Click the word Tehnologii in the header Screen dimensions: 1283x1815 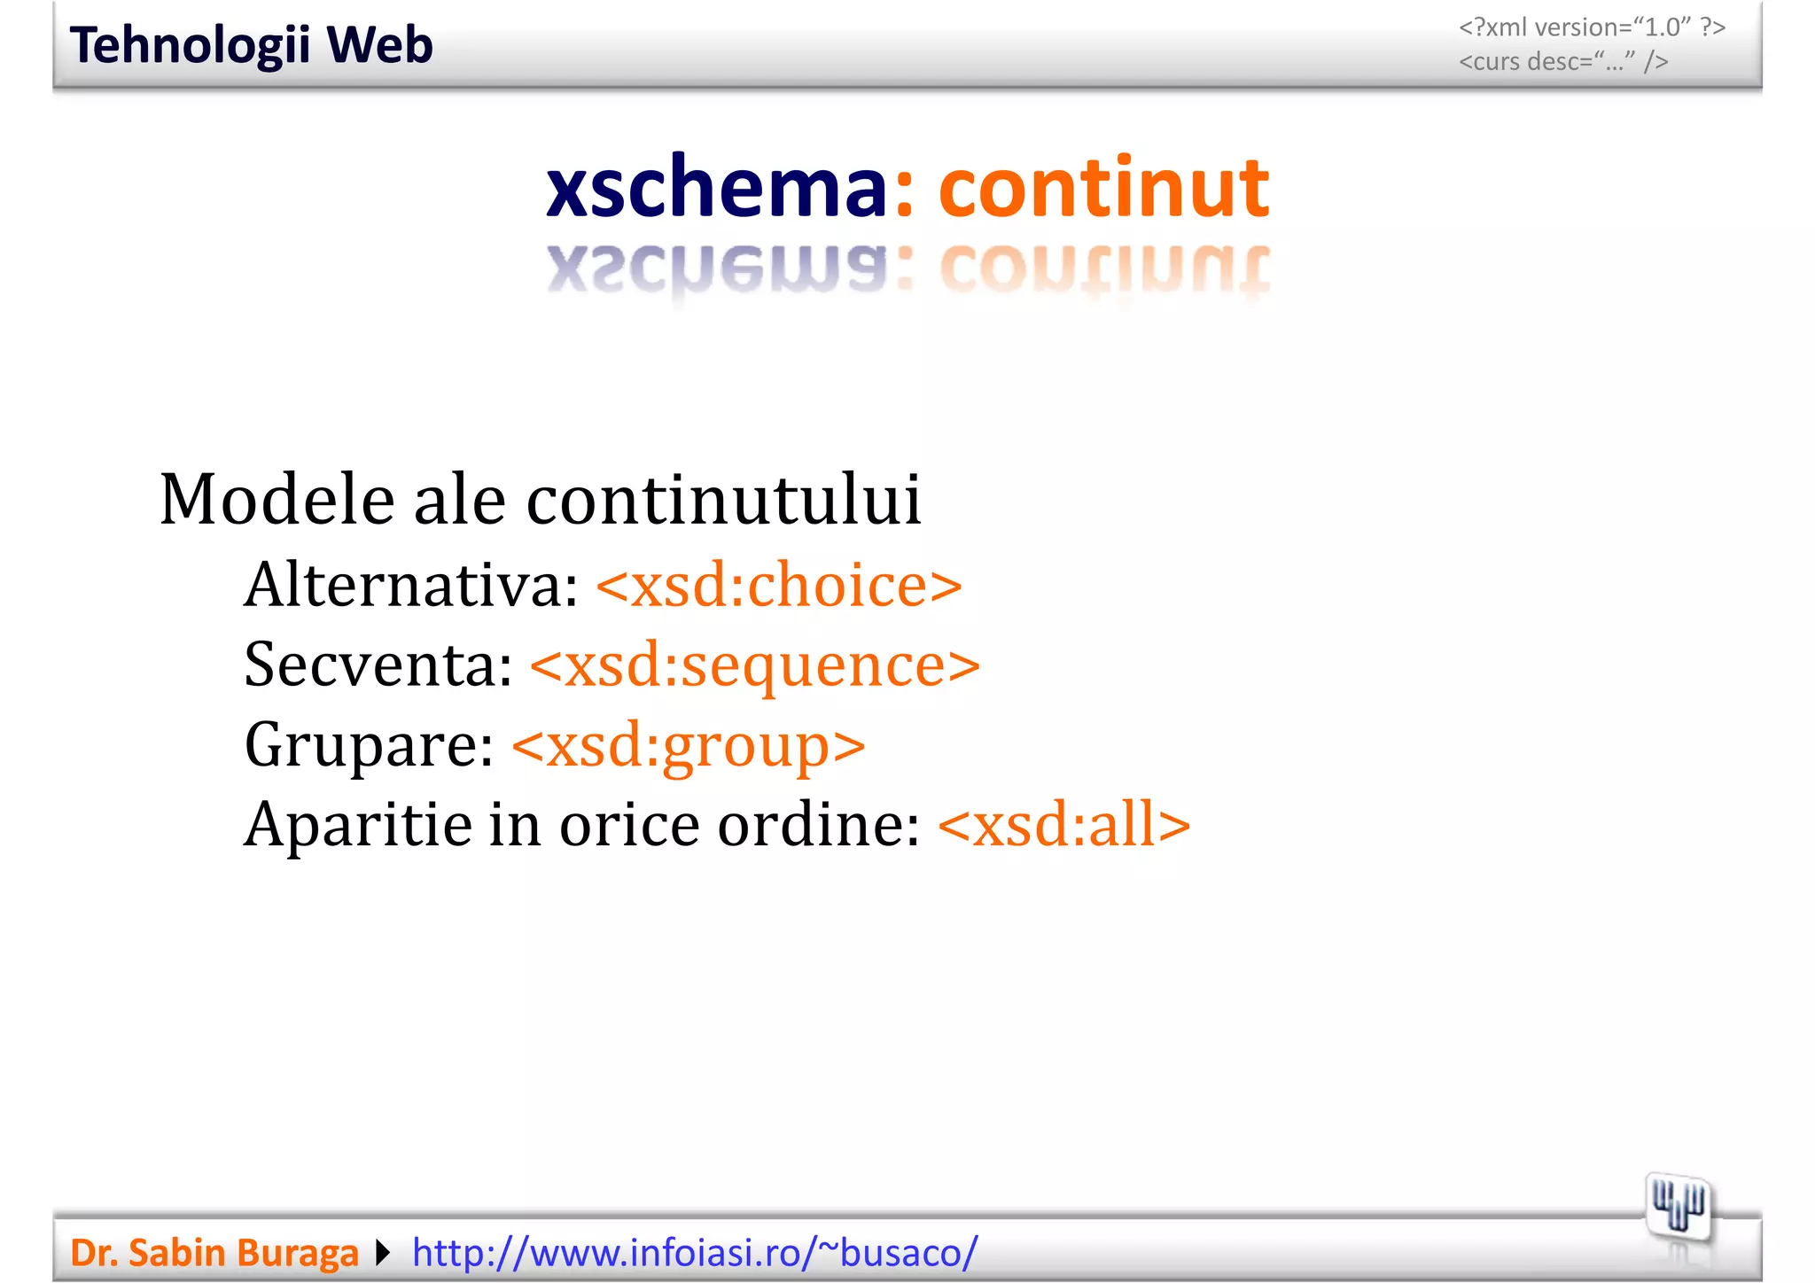click(190, 46)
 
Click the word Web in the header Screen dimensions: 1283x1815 click(379, 46)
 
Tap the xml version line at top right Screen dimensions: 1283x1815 click(1592, 27)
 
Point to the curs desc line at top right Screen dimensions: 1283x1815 click(1563, 62)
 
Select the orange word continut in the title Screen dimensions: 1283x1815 click(1103, 187)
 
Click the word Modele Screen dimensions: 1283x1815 click(277, 500)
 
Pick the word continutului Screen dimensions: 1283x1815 click(724, 500)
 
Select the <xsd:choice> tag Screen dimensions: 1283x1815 click(779, 586)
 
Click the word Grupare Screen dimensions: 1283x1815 click(369, 745)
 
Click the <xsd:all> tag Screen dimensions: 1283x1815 click(1063, 825)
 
